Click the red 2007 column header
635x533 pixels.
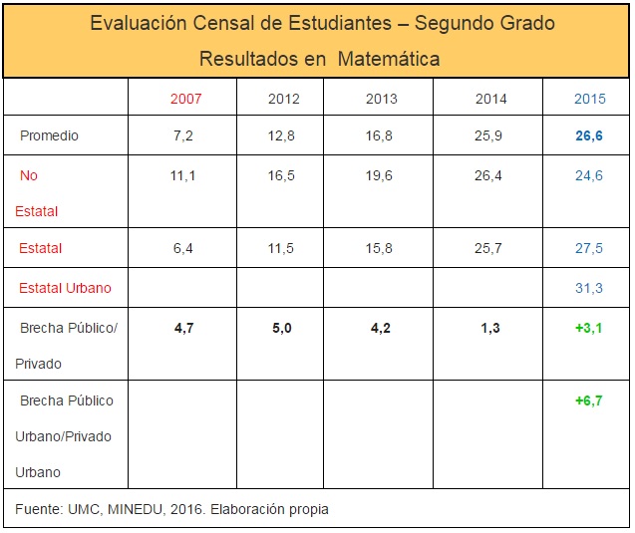[x=186, y=99]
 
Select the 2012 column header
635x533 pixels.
[x=284, y=99]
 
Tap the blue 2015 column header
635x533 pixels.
[x=589, y=99]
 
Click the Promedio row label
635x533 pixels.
[x=49, y=135]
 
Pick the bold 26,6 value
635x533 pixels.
[x=588, y=135]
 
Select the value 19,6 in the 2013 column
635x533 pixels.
[x=380, y=175]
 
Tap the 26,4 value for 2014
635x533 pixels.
[x=489, y=175]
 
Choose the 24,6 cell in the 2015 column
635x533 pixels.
[x=588, y=175]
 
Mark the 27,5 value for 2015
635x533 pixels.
[x=588, y=248]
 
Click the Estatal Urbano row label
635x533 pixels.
[x=65, y=289]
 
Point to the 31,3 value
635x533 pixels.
[x=588, y=289]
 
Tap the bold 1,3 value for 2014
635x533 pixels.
[x=489, y=328]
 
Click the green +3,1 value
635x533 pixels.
[x=588, y=328]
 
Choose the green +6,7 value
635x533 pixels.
[x=588, y=400]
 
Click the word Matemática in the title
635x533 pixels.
[x=389, y=60]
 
